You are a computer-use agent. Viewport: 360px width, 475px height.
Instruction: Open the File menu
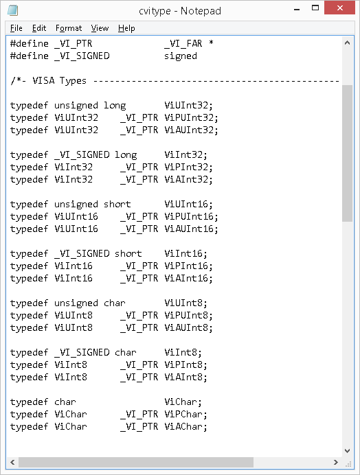click(16, 28)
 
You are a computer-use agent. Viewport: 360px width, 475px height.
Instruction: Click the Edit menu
click(39, 28)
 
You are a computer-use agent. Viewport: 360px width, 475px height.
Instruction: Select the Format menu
click(69, 28)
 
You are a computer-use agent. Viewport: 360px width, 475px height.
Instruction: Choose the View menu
click(100, 28)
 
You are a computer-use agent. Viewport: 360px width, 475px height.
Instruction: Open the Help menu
click(126, 28)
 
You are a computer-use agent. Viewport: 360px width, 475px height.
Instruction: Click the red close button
click(339, 8)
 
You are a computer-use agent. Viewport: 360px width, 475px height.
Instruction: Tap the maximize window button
click(315, 8)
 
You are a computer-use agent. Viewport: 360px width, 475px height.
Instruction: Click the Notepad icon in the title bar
click(12, 10)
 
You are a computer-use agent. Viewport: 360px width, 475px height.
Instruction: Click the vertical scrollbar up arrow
click(347, 43)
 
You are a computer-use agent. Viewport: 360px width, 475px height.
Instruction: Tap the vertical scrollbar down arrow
click(347, 451)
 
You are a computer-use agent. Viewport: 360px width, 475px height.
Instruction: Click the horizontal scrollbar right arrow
click(335, 462)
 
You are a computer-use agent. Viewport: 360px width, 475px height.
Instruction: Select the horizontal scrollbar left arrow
click(12, 462)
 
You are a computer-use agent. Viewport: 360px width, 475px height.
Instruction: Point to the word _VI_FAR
click(183, 44)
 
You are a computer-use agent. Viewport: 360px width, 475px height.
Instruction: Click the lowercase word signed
click(181, 56)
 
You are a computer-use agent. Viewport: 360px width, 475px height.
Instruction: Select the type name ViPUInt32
click(192, 118)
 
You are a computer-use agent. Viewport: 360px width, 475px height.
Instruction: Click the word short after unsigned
click(117, 204)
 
